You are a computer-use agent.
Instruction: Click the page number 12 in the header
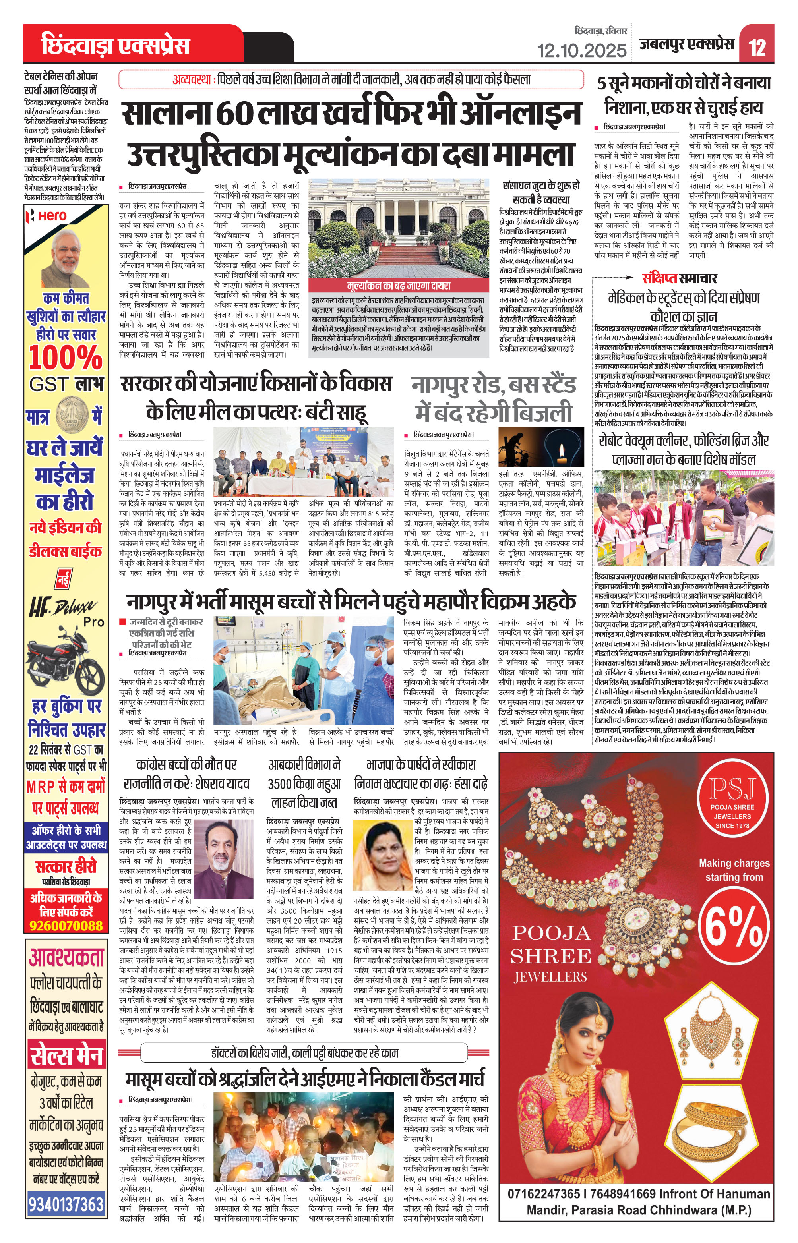pyautogui.click(x=757, y=46)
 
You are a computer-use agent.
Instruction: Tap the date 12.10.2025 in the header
pyautogui.click(x=581, y=50)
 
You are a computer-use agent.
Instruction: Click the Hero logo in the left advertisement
pyautogui.click(x=48, y=215)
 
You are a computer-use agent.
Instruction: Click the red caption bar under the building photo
pyautogui.click(x=398, y=286)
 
